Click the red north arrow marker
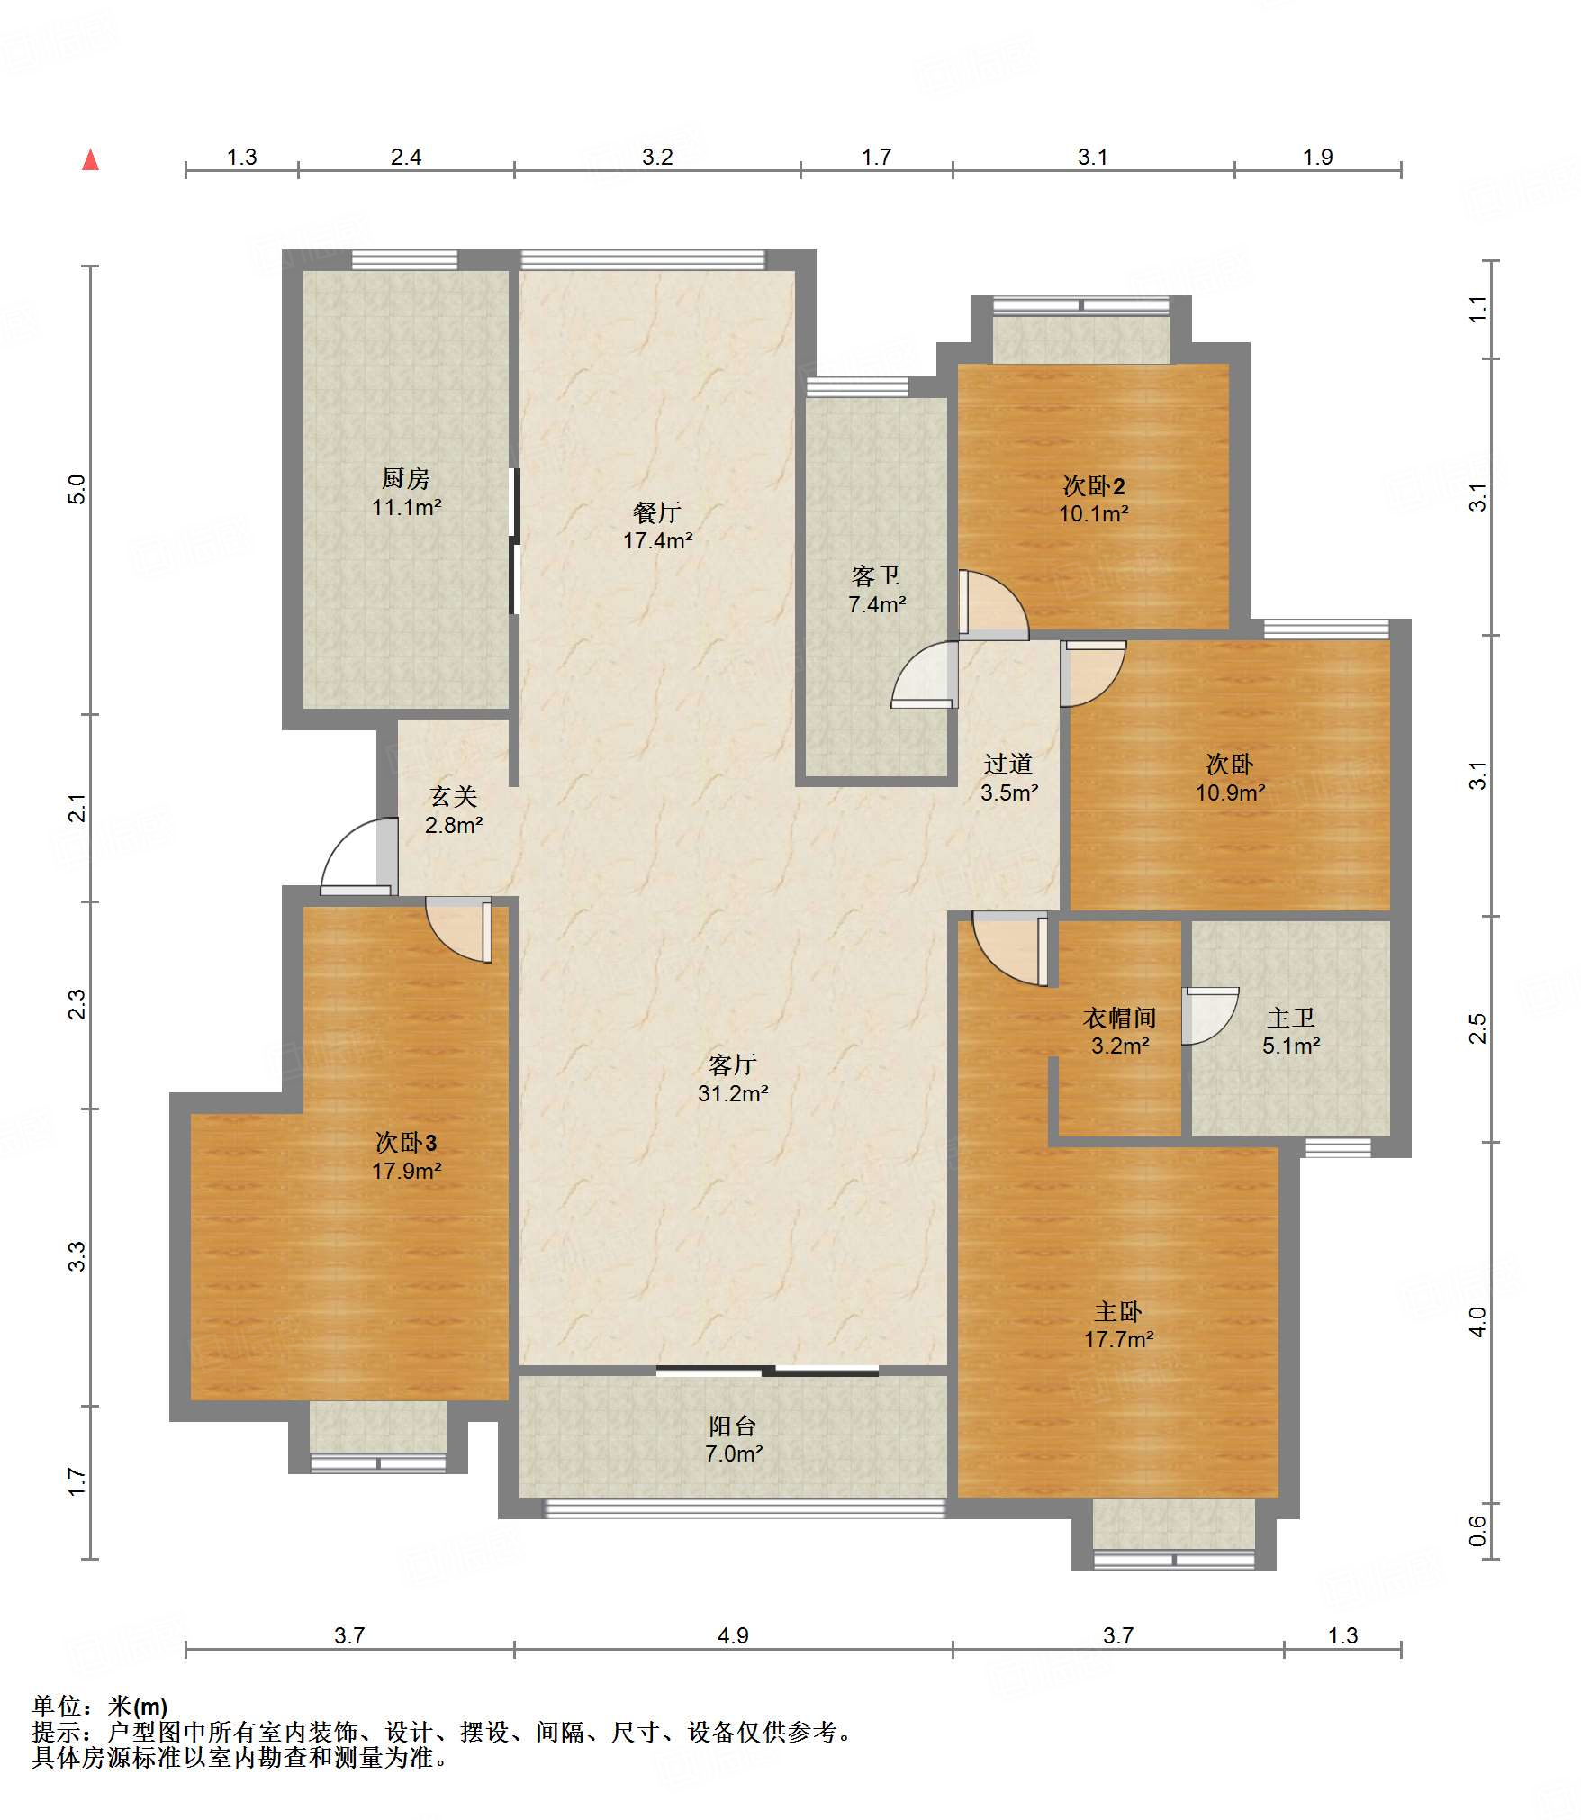point(90,160)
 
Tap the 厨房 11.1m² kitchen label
point(406,493)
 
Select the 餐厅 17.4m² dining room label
point(657,526)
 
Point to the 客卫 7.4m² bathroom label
point(876,590)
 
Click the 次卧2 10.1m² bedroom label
point(1094,500)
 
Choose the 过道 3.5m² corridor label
point(1008,778)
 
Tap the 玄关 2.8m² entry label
point(454,810)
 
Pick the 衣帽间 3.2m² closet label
point(1120,1031)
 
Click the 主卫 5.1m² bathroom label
point(1291,1031)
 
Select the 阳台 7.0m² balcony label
point(733,1439)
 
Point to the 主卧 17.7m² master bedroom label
point(1118,1325)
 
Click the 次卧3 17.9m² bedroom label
point(406,1156)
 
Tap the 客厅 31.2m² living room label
point(733,1079)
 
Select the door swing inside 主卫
point(1210,1016)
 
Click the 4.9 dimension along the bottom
point(733,1635)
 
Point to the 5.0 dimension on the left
point(77,489)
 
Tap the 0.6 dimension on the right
point(1477,1530)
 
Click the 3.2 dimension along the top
point(657,157)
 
